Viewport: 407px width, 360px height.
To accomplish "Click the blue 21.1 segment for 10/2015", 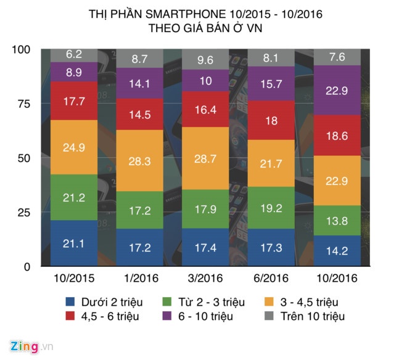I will click(73, 243).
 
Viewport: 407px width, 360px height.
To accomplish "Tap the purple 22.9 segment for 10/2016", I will click(338, 90).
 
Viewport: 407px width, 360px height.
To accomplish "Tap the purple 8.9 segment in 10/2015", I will click(73, 72).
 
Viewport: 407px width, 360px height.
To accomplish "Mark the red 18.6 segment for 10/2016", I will click(338, 135).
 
